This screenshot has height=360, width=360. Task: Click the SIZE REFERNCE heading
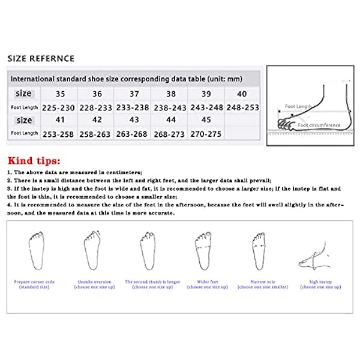click(41, 58)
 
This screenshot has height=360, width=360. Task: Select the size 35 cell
click(60, 94)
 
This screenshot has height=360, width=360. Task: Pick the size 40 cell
click(242, 94)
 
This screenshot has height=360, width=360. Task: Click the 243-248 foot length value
click(206, 107)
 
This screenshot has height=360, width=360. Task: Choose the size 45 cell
click(206, 120)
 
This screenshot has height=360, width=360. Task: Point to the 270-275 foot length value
click(206, 134)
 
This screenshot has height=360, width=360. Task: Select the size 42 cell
click(97, 120)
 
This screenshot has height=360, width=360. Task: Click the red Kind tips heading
click(34, 161)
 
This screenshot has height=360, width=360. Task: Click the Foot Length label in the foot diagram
click(298, 106)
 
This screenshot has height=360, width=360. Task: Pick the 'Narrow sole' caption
click(259, 281)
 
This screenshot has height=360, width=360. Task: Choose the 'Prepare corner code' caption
click(35, 281)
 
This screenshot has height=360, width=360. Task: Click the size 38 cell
click(169, 94)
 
